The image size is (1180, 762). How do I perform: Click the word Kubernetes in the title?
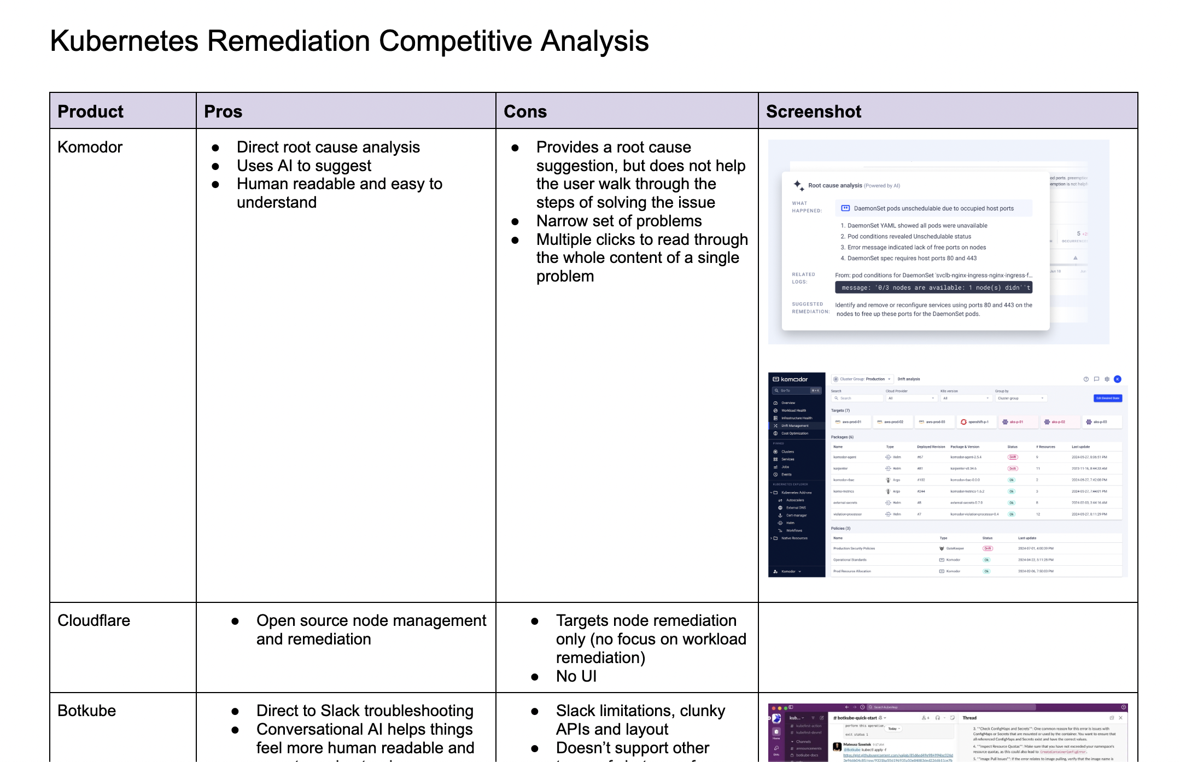click(124, 41)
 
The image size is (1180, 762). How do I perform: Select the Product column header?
click(90, 112)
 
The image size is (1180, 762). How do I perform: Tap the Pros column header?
click(223, 112)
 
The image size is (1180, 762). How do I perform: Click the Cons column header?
click(525, 112)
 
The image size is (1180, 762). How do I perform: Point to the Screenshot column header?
click(813, 112)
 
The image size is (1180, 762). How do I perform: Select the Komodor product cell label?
click(90, 147)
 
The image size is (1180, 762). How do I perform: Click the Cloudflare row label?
click(94, 620)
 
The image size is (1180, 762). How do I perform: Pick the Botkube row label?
click(86, 711)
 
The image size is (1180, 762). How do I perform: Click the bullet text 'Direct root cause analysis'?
click(328, 147)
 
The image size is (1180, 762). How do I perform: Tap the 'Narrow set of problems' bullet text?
click(618, 221)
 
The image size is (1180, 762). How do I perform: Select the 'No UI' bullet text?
click(576, 676)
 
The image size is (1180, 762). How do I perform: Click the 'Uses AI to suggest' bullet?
click(303, 166)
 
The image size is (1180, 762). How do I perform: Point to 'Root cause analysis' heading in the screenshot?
click(835, 186)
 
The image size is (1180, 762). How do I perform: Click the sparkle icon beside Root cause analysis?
click(798, 185)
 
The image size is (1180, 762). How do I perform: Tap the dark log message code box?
click(933, 288)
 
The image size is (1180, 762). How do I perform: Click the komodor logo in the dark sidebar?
click(790, 379)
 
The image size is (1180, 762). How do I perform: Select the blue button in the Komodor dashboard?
click(1107, 398)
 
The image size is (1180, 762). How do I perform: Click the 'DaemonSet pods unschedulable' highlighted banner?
click(933, 208)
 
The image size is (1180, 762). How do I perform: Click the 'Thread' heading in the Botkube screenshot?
click(969, 718)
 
